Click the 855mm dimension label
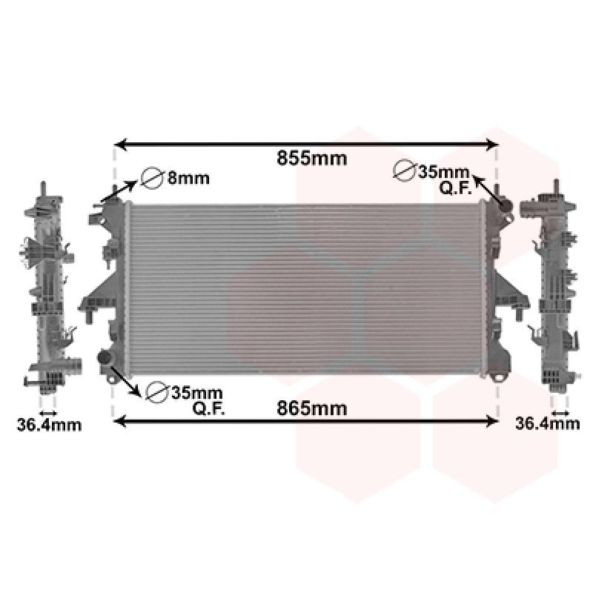[x=311, y=158]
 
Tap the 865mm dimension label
[x=311, y=408]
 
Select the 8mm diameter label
[x=188, y=178]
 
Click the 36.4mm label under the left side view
[x=49, y=425]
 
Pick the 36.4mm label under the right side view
[x=547, y=423]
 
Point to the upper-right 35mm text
[x=443, y=172]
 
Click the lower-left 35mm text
[x=196, y=394]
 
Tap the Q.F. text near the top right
[x=455, y=188]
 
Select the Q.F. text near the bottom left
[x=209, y=408]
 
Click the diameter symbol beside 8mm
[x=151, y=178]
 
